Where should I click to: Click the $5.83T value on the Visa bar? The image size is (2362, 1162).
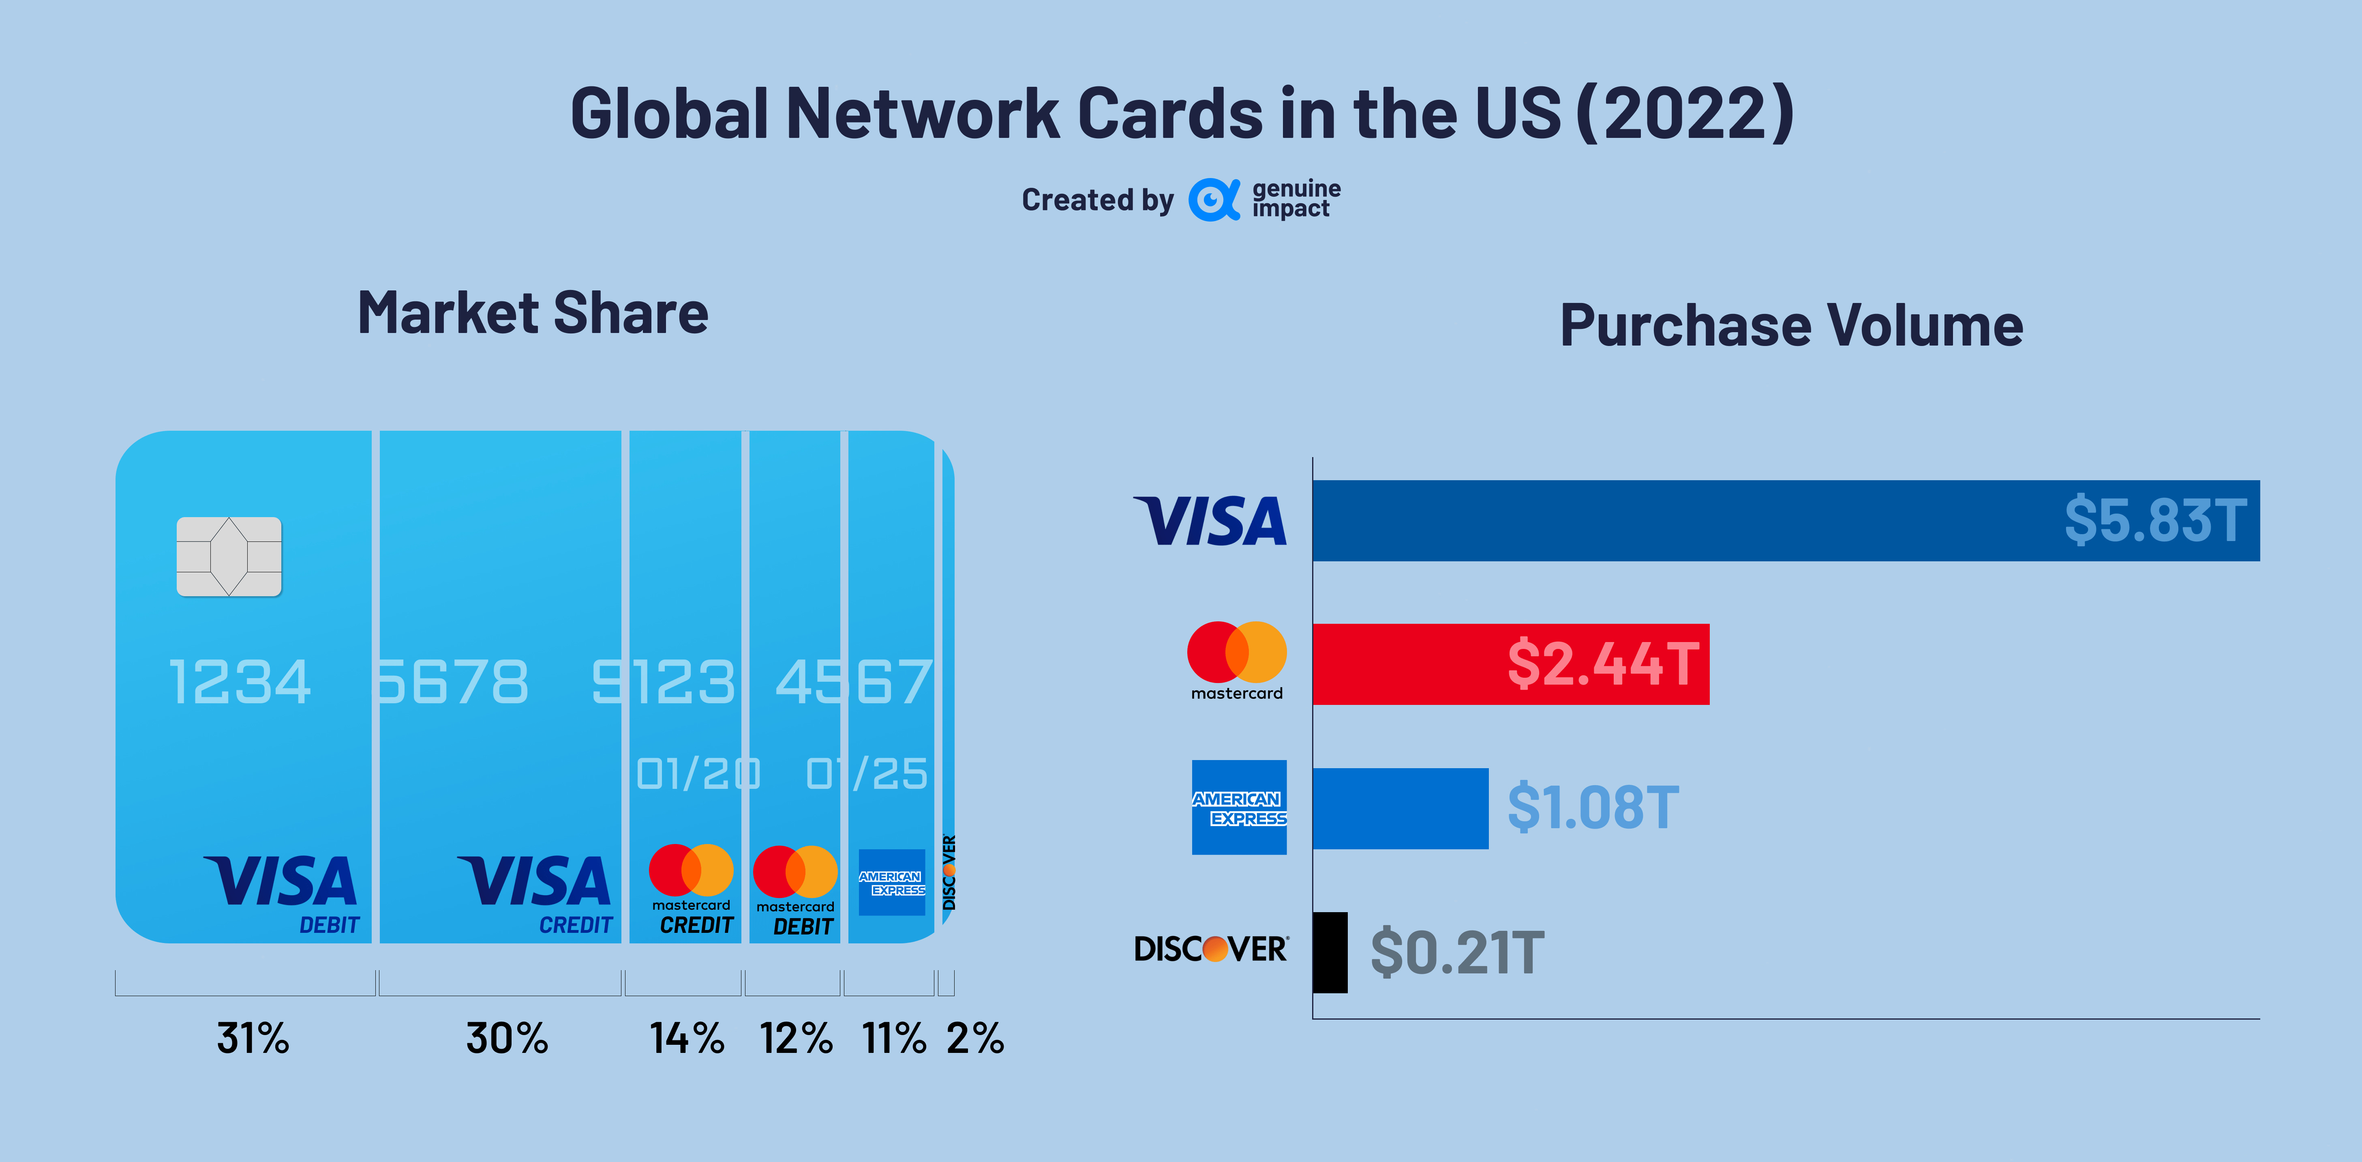pyautogui.click(x=2155, y=520)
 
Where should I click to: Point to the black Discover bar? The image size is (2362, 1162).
pyautogui.click(x=1330, y=952)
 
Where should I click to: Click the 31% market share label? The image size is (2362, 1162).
pyautogui.click(x=253, y=1038)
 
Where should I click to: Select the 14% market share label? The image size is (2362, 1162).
pyautogui.click(x=687, y=1038)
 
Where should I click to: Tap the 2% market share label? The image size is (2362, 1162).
pyautogui.click(x=975, y=1038)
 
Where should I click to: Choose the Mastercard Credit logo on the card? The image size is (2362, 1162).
pyautogui.click(x=692, y=888)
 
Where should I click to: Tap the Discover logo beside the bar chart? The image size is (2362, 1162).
pyautogui.click(x=1210, y=948)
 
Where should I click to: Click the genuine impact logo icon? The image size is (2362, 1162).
pyautogui.click(x=1214, y=199)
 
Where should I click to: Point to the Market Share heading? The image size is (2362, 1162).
pyautogui.click(x=533, y=313)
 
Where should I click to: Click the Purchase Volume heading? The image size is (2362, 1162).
pyautogui.click(x=1791, y=326)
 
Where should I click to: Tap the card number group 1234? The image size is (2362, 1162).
pyautogui.click(x=240, y=682)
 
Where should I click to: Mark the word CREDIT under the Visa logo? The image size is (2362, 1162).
pyautogui.click(x=575, y=926)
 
